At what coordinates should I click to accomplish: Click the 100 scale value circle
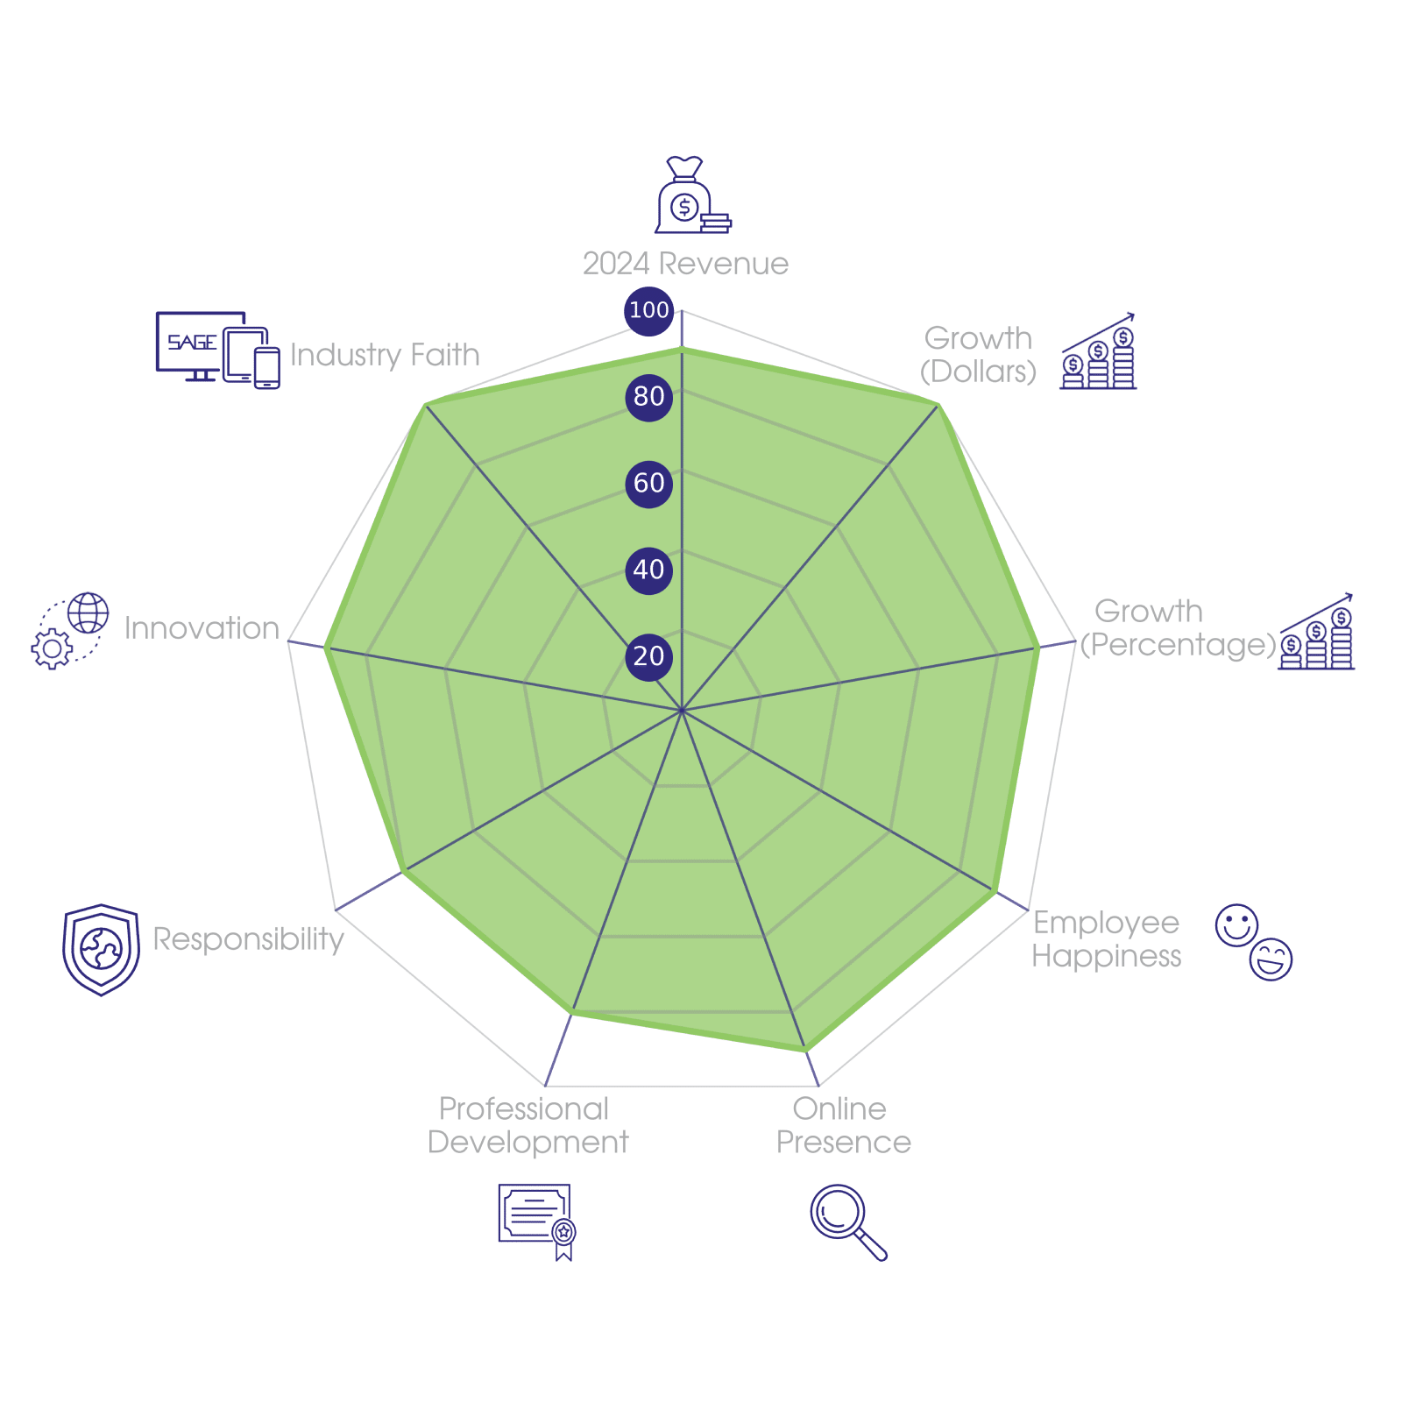tap(648, 310)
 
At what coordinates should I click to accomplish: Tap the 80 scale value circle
tap(648, 397)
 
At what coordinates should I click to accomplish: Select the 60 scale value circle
tap(648, 483)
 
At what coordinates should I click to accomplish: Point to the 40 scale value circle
tap(648, 570)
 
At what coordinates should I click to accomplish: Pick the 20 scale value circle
tap(648, 656)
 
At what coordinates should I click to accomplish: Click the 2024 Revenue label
tap(685, 264)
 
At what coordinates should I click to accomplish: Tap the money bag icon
tap(691, 196)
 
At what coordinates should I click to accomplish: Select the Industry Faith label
tap(385, 355)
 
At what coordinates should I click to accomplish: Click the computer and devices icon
tap(217, 350)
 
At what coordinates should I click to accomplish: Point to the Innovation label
tap(202, 628)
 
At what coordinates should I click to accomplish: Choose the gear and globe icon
tap(70, 631)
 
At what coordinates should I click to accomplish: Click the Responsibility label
tap(249, 939)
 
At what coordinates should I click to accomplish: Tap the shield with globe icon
tap(101, 950)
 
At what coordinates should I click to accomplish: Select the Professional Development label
tap(528, 1126)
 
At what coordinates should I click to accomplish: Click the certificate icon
tap(537, 1221)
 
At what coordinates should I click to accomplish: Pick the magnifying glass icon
tap(846, 1221)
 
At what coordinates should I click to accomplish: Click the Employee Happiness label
tap(1106, 939)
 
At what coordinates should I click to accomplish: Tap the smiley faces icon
tap(1254, 942)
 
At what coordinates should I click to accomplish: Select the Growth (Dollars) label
tap(978, 355)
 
